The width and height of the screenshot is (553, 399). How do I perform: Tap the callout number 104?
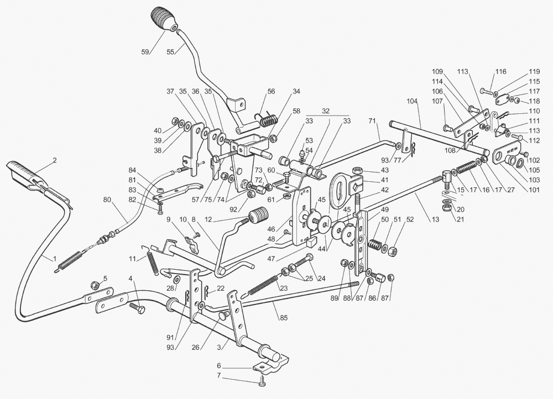coord(411,102)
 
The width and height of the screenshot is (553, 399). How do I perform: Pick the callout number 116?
coord(500,72)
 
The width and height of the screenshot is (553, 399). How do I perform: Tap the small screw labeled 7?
coord(261,383)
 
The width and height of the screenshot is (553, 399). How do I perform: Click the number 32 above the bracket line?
coord(326,111)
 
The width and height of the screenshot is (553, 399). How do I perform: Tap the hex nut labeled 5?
coord(95,285)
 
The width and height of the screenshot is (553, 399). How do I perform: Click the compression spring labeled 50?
coord(376,244)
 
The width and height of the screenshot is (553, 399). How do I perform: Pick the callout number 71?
coord(372,120)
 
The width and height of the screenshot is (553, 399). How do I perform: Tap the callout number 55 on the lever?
coord(170,51)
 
